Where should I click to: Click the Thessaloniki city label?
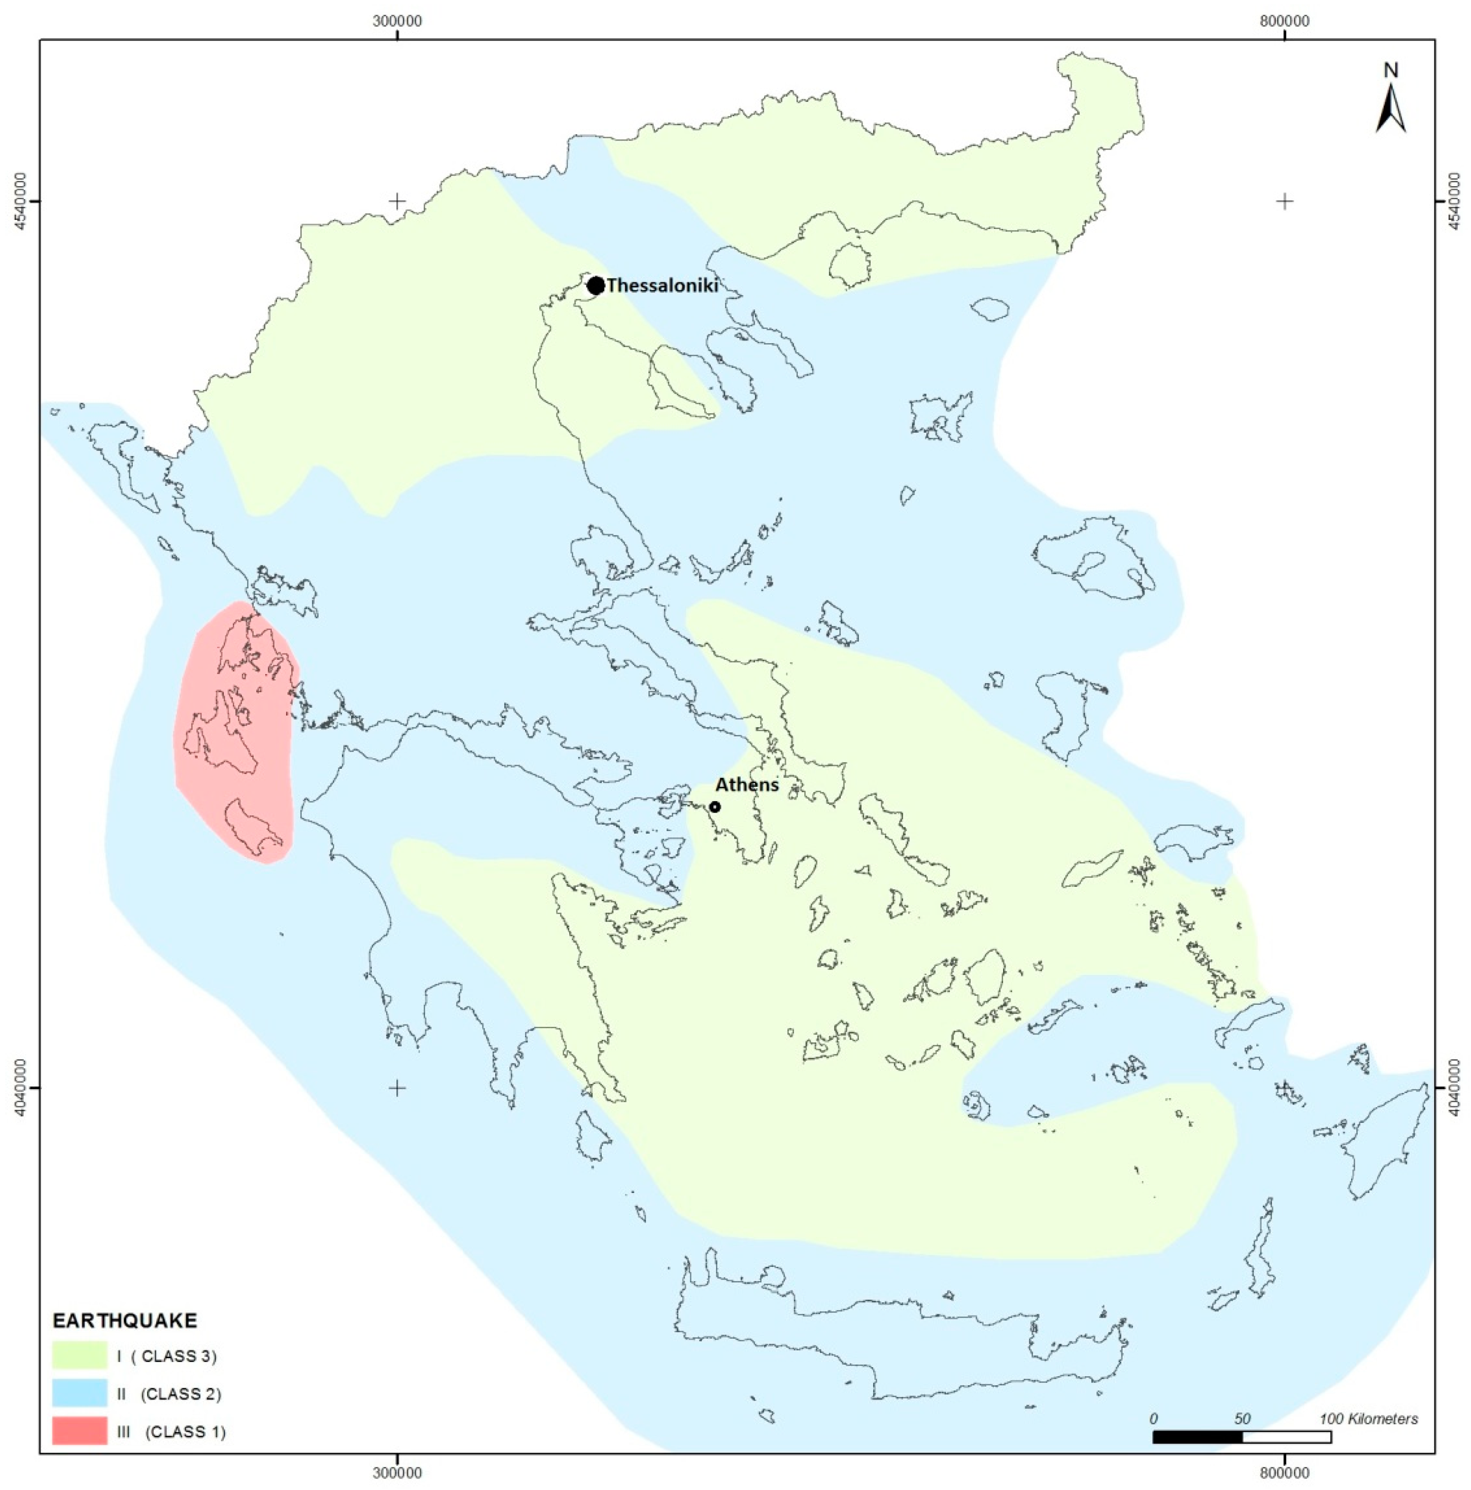pyautogui.click(x=662, y=285)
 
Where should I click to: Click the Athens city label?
pyautogui.click(x=746, y=785)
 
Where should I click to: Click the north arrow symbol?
pyautogui.click(x=1390, y=108)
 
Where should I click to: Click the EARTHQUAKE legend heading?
pyautogui.click(x=124, y=1321)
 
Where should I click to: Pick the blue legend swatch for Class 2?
pyautogui.click(x=80, y=1393)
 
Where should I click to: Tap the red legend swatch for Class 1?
pyautogui.click(x=80, y=1431)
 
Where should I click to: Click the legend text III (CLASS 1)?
pyautogui.click(x=170, y=1432)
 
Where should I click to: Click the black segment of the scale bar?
pyautogui.click(x=1197, y=1437)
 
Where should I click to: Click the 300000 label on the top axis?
pyautogui.click(x=397, y=21)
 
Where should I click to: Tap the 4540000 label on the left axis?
pyautogui.click(x=21, y=201)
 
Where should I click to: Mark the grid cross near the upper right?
pyautogui.click(x=1283, y=202)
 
